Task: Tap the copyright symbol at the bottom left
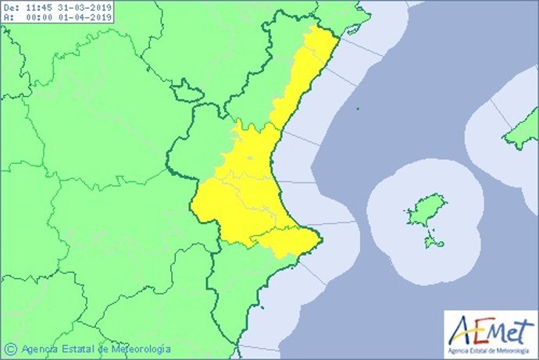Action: tap(11, 348)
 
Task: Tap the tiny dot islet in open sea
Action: tap(356, 109)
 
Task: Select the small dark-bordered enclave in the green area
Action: tap(187, 92)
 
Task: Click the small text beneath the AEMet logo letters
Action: tap(491, 348)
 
